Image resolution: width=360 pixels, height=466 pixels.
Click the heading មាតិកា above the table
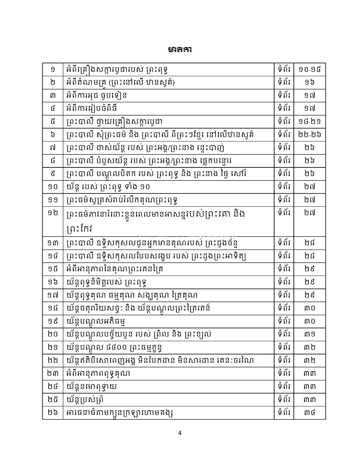click(x=180, y=50)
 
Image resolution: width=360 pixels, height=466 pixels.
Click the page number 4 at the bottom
click(x=180, y=433)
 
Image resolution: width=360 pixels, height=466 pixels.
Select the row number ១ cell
click(x=53, y=70)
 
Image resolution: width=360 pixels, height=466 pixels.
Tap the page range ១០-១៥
click(x=309, y=70)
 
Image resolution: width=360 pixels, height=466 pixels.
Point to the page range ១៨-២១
click(x=309, y=121)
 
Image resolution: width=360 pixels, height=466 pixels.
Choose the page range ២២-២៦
click(x=309, y=134)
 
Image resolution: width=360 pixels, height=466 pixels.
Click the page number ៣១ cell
click(x=309, y=334)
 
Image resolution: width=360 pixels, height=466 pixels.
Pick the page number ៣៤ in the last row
click(x=309, y=413)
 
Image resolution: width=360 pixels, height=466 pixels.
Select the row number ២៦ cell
click(x=53, y=413)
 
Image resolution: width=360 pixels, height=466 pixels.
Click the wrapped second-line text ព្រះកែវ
click(x=79, y=229)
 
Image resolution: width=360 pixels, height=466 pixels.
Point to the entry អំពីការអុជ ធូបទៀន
click(x=96, y=96)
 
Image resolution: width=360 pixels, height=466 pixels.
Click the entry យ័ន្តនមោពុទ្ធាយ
click(x=92, y=386)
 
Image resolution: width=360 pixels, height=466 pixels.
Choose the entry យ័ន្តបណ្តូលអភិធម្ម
click(x=96, y=321)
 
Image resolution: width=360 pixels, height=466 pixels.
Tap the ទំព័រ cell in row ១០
click(x=284, y=186)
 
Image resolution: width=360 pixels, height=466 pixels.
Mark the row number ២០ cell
click(x=53, y=334)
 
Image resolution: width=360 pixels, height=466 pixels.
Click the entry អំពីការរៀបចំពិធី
click(x=92, y=109)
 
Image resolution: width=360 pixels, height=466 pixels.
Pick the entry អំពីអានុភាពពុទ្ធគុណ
click(x=98, y=373)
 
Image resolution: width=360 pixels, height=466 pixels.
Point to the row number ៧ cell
click(x=53, y=147)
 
